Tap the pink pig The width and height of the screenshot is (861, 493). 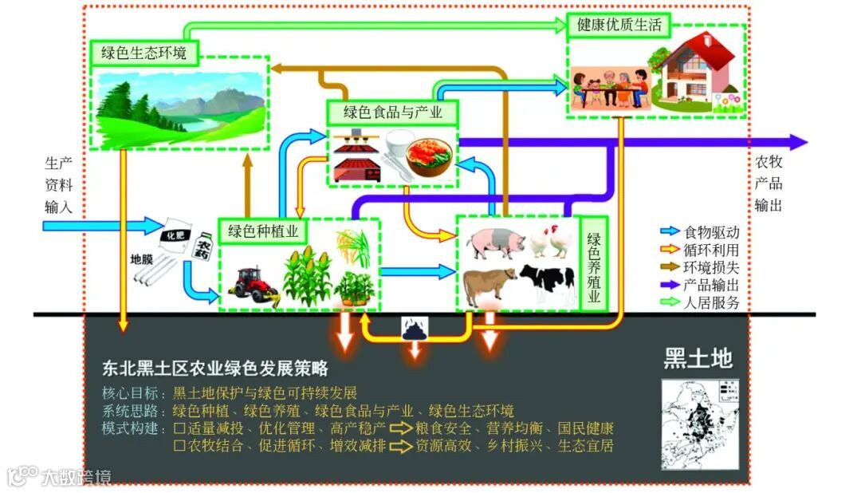point(496,243)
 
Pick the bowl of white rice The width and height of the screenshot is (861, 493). point(397,145)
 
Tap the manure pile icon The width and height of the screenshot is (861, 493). point(416,327)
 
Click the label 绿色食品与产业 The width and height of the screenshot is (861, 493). point(393,112)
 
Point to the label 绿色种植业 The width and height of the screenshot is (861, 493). point(263,231)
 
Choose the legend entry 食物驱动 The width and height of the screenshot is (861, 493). point(712,233)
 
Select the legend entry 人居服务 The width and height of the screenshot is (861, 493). point(712,302)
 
